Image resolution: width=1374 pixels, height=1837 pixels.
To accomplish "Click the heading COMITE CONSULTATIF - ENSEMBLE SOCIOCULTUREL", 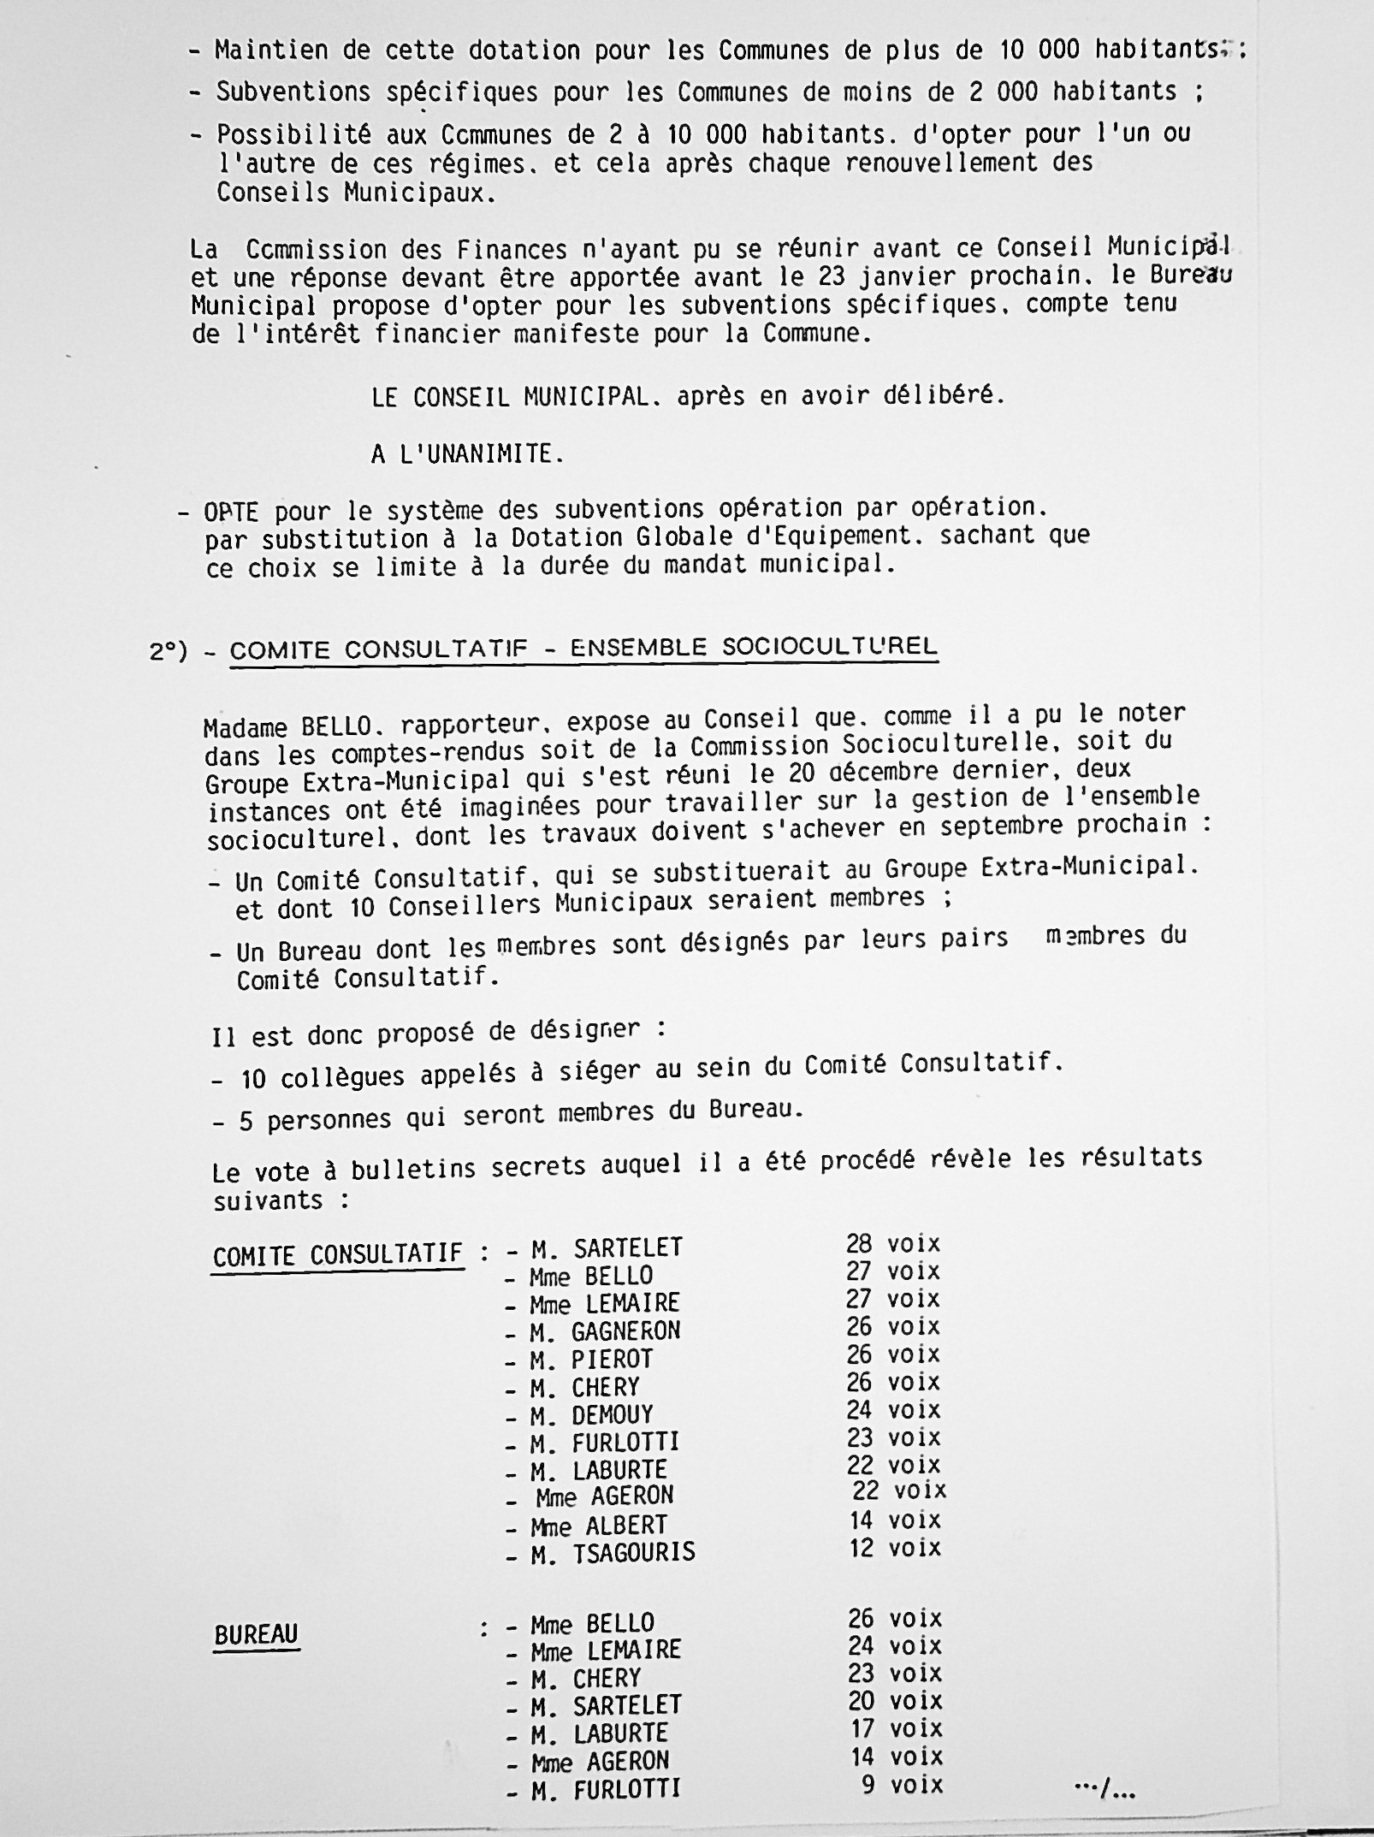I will point(583,648).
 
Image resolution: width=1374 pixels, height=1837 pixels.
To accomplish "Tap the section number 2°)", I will point(168,651).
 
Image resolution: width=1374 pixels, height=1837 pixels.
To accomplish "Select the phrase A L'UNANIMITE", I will point(467,453).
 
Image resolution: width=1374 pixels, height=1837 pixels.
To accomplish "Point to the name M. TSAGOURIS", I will point(612,1553).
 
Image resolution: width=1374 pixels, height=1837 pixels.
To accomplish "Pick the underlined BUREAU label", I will point(256,1634).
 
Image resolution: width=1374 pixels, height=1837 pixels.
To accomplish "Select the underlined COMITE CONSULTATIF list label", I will point(337,1255).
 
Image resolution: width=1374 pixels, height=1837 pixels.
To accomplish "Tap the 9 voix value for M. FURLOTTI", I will point(902,1785).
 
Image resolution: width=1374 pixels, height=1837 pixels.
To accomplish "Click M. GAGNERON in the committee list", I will point(605,1330).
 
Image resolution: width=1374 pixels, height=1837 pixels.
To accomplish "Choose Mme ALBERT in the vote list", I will point(598,1525).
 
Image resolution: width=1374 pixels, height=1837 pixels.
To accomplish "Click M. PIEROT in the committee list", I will point(591,1359).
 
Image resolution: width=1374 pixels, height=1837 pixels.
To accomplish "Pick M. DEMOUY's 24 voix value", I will point(893,1409).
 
